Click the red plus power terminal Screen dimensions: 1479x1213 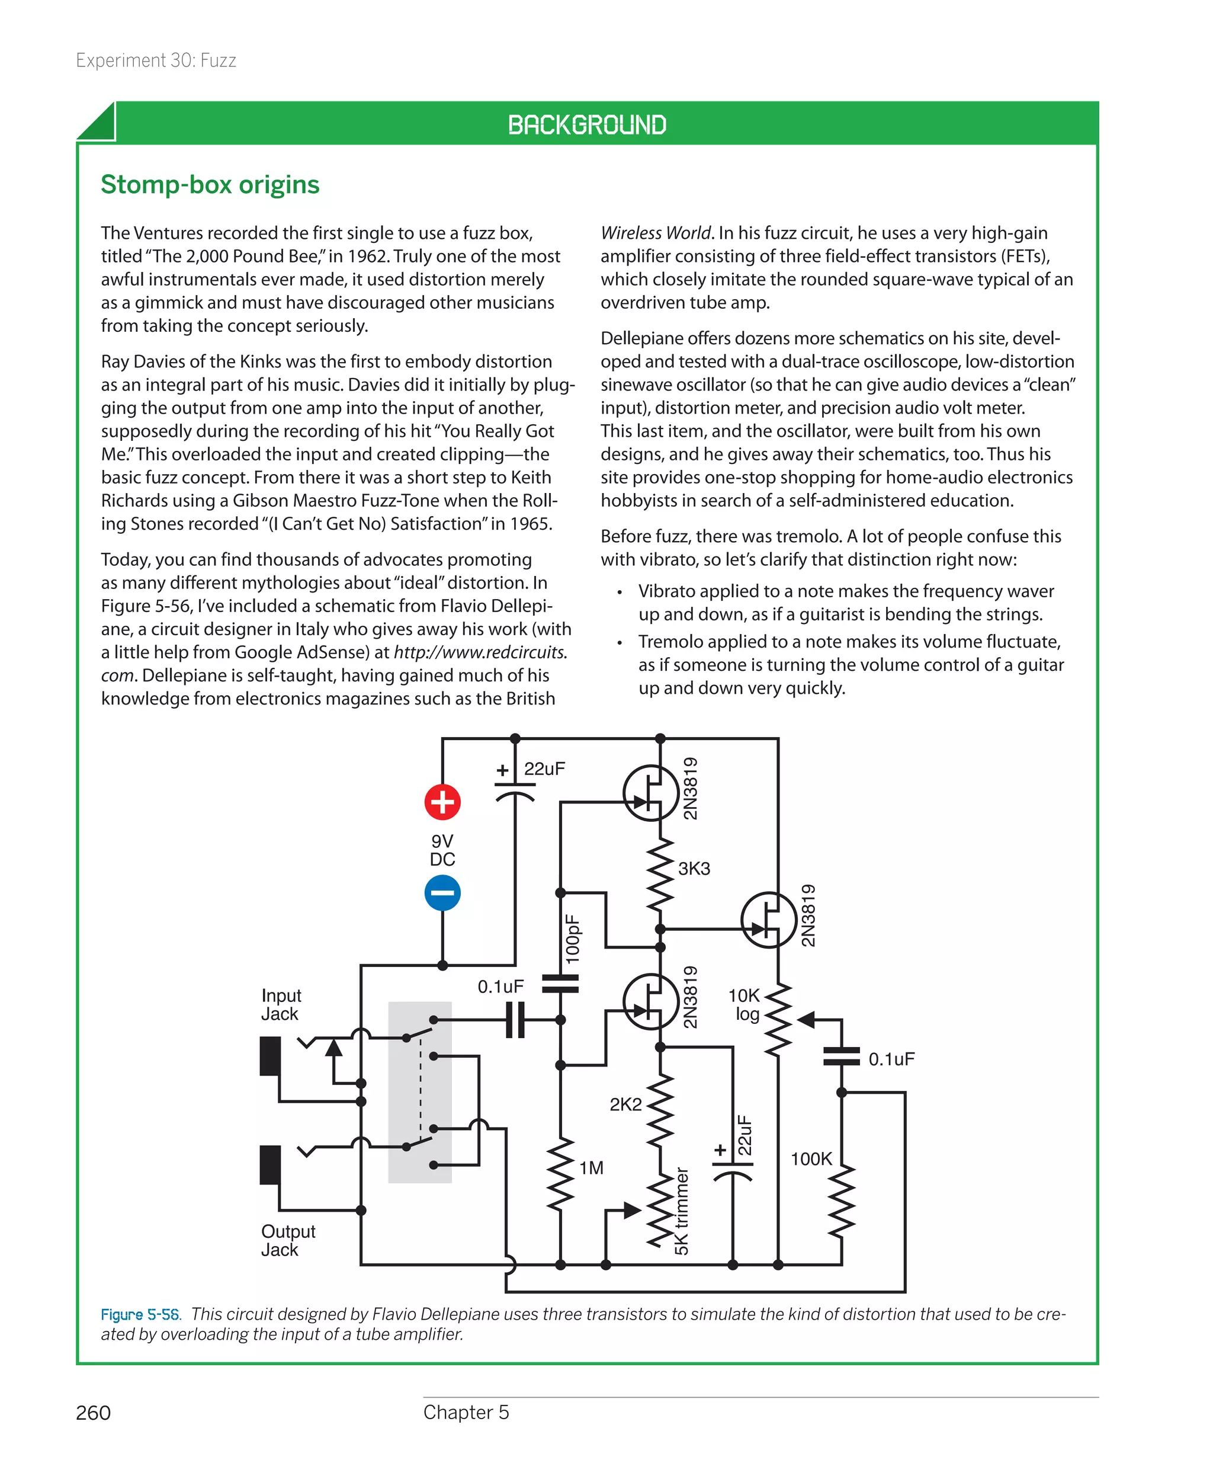(442, 802)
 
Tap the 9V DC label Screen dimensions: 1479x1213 (442, 850)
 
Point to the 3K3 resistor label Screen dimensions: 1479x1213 (694, 869)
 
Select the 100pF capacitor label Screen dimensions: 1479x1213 (572, 939)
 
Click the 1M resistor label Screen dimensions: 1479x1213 (591, 1168)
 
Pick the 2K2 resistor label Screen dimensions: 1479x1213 (625, 1105)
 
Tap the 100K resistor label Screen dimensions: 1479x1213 (811, 1159)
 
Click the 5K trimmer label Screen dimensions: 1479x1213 (681, 1211)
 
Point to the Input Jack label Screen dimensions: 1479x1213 (281, 1004)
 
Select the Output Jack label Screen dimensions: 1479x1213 (288, 1240)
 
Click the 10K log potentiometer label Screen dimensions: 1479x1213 (745, 1004)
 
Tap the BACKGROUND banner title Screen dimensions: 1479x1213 (587, 124)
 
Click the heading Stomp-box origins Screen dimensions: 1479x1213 (210, 184)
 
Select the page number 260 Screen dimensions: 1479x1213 (93, 1413)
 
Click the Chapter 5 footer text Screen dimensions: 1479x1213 (466, 1412)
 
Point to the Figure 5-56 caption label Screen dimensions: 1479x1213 (140, 1314)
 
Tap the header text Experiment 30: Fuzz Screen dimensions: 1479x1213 (156, 61)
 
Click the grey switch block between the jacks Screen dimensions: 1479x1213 (420, 1092)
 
